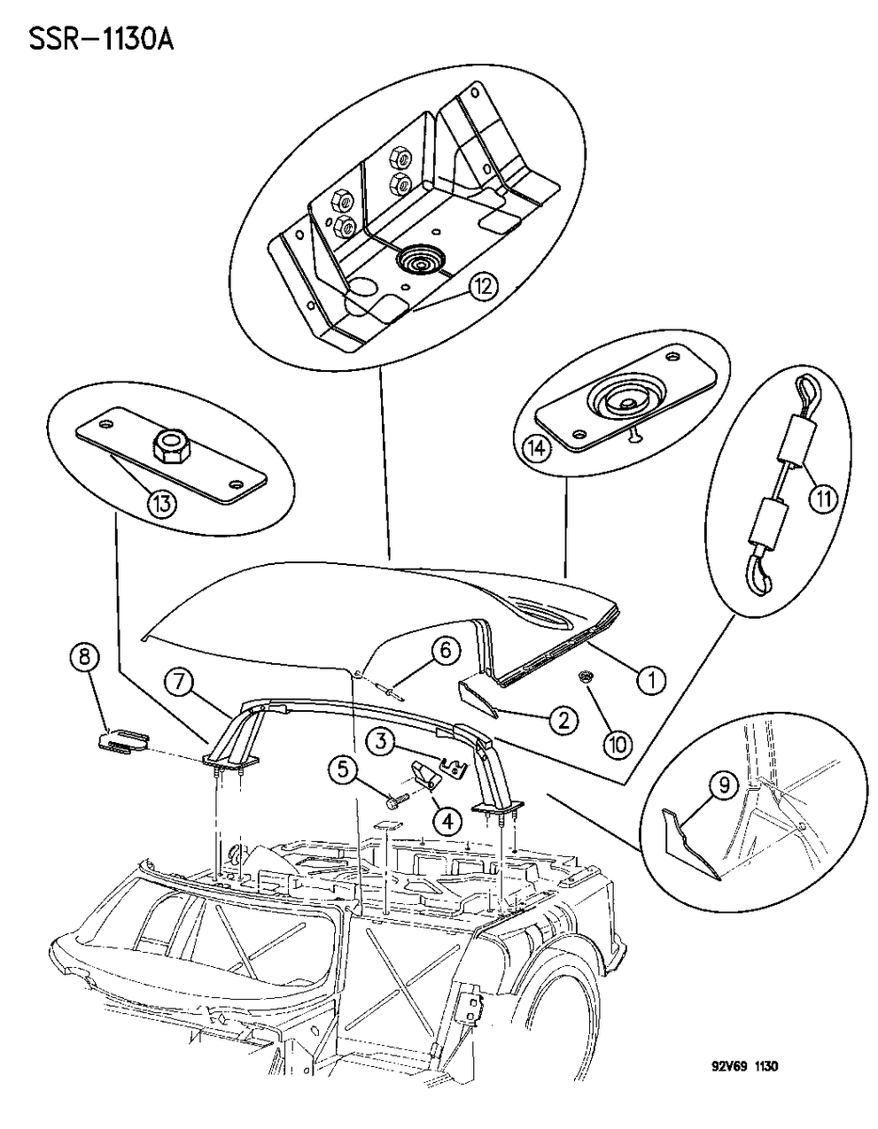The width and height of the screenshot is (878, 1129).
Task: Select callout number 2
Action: coord(562,720)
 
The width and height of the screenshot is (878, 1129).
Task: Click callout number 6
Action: coord(446,652)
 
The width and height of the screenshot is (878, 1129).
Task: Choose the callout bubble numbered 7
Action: coord(179,683)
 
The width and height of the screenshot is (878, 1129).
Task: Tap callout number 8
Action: coord(83,659)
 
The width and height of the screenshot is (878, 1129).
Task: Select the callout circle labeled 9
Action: coord(724,783)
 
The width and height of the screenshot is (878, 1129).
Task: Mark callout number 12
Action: coord(484,287)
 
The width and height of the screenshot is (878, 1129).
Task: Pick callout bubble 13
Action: coord(164,504)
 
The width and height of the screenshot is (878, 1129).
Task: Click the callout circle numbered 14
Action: coord(537,448)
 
